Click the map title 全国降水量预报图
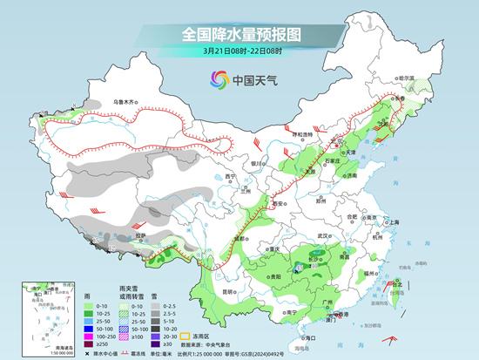click(x=239, y=34)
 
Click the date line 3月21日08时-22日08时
click(x=239, y=51)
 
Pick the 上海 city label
click(x=394, y=222)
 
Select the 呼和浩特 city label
click(x=301, y=134)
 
